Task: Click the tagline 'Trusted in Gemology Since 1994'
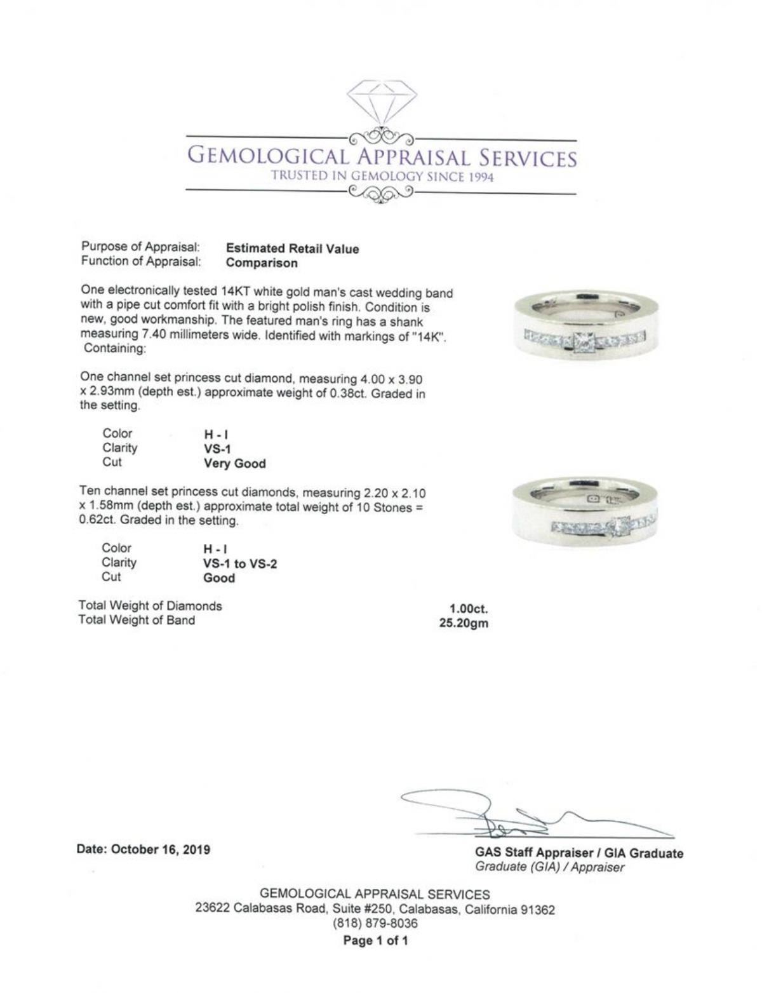(382, 177)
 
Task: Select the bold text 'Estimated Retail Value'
(292, 249)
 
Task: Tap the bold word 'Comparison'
(261, 263)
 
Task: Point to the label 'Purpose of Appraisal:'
(141, 247)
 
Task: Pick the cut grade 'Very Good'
(234, 464)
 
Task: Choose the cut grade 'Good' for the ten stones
(219, 578)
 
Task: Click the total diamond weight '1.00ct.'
(469, 609)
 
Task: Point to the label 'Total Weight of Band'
(137, 621)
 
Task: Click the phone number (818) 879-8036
(375, 923)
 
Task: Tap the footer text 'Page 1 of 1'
(375, 940)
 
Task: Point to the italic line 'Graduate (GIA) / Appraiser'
(549, 867)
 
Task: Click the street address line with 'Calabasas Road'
(375, 909)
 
